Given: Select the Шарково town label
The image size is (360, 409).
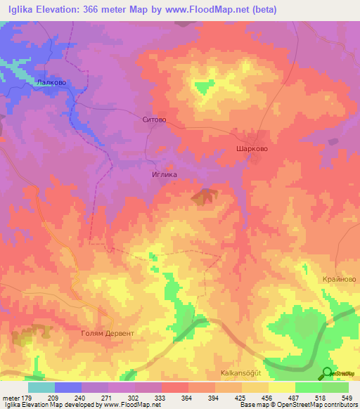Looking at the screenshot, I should click(x=251, y=149).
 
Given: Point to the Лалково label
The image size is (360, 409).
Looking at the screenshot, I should click(x=51, y=82).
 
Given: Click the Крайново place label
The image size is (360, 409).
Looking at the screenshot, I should click(x=340, y=279).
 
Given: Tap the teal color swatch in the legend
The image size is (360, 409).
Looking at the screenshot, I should click(x=41, y=387).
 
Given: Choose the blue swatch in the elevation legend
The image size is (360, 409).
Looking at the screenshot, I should click(x=68, y=387).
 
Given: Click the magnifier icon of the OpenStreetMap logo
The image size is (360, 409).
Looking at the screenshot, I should click(x=327, y=373).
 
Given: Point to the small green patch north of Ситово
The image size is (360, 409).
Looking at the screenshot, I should click(x=203, y=86).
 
